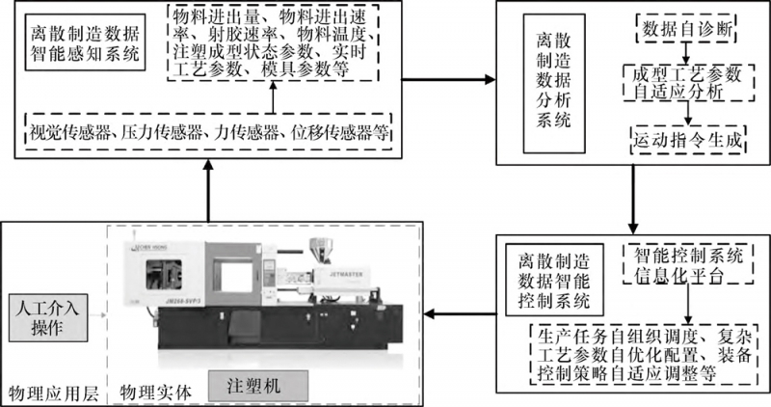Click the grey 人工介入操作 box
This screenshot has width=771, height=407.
click(x=47, y=318)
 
